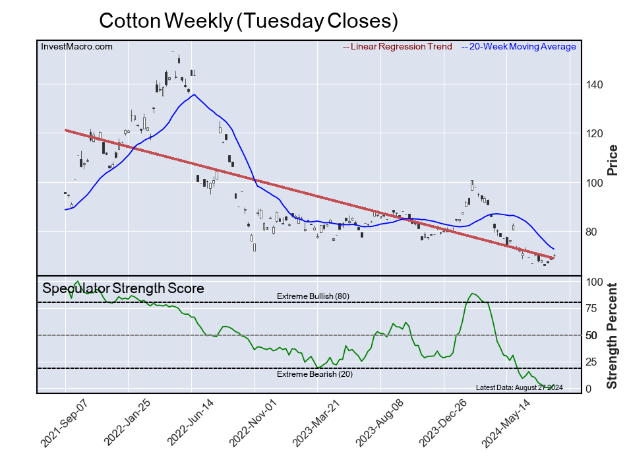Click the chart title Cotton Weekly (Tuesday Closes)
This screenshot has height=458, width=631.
[249, 21]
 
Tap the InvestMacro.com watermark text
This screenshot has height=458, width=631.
[76, 46]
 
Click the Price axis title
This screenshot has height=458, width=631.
[613, 159]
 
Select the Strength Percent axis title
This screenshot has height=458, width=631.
[613, 335]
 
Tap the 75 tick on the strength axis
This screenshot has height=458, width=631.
[592, 308]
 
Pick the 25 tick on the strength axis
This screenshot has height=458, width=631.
[592, 362]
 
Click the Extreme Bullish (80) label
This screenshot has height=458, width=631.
[313, 296]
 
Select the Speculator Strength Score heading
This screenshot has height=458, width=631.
[123, 288]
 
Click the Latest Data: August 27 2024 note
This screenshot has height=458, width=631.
[518, 387]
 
